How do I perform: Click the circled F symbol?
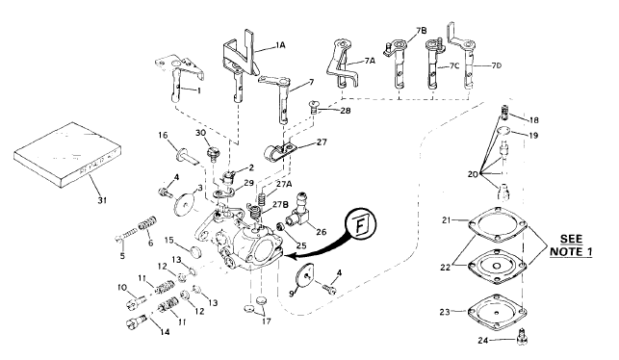coord(361,224)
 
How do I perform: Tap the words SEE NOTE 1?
coord(571,245)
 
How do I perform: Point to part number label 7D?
coord(496,65)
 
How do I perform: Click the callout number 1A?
coord(280,45)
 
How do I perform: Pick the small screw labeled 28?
coord(314,107)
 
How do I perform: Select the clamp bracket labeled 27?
coord(280,151)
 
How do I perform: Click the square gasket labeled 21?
coord(497,224)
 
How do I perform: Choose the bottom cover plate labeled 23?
coord(496,312)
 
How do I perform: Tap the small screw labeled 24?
coord(523,337)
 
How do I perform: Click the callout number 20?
coord(474,174)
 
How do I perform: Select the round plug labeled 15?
coord(194,251)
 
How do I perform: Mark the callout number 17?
coord(267,321)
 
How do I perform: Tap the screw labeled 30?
coord(213,154)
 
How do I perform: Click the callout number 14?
coord(165,332)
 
